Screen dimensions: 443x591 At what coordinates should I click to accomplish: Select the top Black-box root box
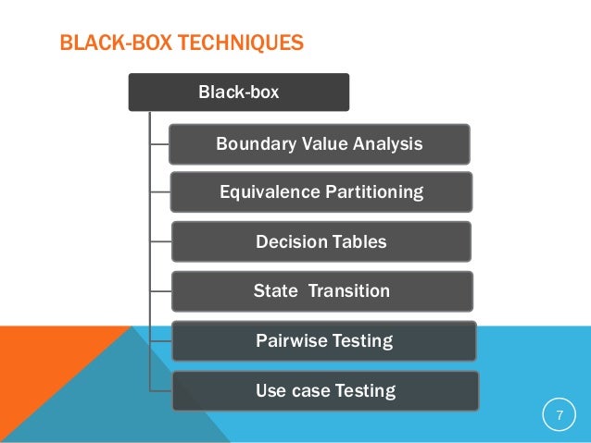point(238,92)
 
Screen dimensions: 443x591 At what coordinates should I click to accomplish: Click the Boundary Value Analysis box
point(319,144)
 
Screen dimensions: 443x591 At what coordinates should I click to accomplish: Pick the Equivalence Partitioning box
point(321,192)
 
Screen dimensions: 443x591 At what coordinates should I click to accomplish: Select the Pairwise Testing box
point(323,341)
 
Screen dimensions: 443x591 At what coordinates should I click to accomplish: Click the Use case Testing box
point(324,391)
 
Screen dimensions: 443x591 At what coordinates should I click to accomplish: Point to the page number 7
point(559,415)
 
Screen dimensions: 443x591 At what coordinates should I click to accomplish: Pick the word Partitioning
point(374,192)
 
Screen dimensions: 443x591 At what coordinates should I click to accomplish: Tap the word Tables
point(359,242)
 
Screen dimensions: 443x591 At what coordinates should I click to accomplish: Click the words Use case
point(293,391)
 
